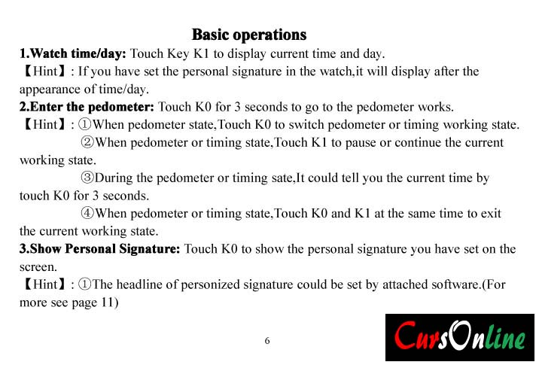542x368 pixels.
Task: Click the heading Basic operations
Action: (x=249, y=35)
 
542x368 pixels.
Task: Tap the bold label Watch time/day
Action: (x=72, y=53)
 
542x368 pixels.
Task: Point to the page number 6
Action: (x=267, y=341)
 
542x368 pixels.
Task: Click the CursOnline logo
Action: (x=460, y=337)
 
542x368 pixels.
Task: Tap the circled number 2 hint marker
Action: (x=87, y=142)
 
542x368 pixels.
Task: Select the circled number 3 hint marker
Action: (x=87, y=178)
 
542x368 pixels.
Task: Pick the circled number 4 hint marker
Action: (x=87, y=213)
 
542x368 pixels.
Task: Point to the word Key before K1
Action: (x=178, y=53)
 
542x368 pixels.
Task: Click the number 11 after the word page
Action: (x=108, y=303)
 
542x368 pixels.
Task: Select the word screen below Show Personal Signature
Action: (x=38, y=267)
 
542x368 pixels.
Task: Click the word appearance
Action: (x=50, y=90)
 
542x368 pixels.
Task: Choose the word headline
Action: (x=139, y=284)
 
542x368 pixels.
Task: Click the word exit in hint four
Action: (x=491, y=213)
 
